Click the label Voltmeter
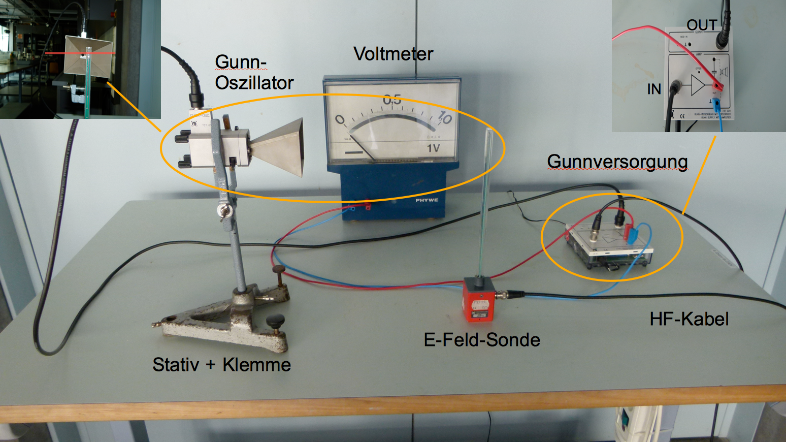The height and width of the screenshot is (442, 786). [393, 54]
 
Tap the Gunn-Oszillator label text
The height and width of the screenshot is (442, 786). [254, 72]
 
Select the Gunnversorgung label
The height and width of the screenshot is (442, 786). [617, 162]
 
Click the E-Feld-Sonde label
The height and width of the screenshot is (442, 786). [482, 339]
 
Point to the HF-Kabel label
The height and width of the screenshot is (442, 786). [689, 319]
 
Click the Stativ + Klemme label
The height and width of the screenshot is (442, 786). [221, 365]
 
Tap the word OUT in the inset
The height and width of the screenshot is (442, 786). [701, 25]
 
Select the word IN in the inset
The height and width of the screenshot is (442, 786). [654, 89]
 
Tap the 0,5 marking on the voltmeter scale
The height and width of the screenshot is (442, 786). [392, 100]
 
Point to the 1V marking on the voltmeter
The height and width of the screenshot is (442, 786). [433, 148]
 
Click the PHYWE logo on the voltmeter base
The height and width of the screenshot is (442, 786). [427, 200]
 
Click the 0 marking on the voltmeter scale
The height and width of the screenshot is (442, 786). [339, 120]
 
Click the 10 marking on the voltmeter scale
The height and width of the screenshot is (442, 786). [444, 118]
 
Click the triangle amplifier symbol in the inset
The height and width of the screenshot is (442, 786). [698, 85]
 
